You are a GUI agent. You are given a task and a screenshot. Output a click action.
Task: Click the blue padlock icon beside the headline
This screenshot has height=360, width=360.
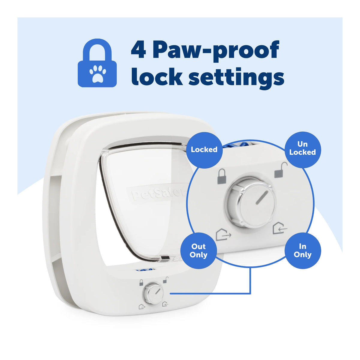(97, 63)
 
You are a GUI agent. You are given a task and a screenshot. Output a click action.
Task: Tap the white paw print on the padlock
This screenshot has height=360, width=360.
(97, 74)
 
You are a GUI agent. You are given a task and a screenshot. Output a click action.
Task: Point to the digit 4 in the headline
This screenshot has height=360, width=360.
(138, 49)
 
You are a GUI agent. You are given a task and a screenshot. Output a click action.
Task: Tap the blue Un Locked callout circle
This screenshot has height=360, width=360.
(303, 149)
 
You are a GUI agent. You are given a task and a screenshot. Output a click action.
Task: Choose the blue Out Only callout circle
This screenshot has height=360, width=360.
(199, 251)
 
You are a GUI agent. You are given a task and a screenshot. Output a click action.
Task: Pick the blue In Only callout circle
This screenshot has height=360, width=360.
(303, 250)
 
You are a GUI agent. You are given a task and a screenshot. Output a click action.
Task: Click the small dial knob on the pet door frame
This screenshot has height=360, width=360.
(153, 295)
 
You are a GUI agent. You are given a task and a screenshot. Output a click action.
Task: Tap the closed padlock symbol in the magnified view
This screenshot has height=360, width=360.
(222, 176)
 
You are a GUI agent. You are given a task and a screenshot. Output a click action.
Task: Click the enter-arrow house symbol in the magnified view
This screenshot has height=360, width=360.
(280, 228)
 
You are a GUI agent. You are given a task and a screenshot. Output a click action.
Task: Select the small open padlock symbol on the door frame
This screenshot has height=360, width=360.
(166, 280)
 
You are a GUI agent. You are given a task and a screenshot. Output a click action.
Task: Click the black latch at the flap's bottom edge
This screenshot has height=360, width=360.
(165, 258)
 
